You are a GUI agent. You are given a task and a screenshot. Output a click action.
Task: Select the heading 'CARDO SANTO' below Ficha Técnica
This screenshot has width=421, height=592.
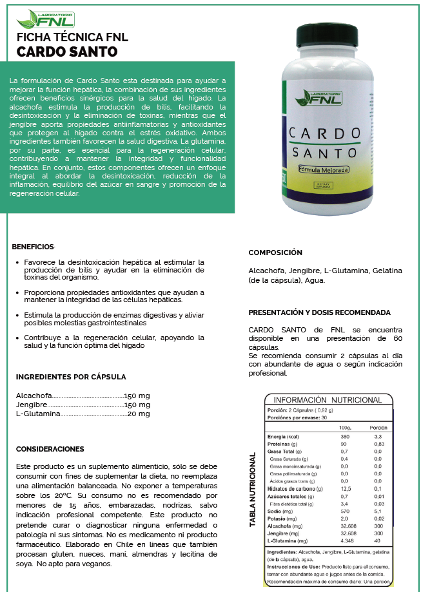point(66,52)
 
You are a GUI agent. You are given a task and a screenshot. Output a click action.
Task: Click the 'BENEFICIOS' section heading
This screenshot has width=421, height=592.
point(34,247)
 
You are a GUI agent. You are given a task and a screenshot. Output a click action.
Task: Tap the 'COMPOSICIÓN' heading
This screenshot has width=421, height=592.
point(275,253)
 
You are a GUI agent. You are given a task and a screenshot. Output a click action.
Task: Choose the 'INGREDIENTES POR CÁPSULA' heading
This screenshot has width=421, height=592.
point(71,377)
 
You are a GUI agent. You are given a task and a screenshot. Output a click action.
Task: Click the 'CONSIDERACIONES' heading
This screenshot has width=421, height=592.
point(50,448)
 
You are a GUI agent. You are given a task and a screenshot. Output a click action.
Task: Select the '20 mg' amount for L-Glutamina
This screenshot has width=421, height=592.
point(139,414)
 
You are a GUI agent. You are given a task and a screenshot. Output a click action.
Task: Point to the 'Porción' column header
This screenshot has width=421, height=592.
point(378,428)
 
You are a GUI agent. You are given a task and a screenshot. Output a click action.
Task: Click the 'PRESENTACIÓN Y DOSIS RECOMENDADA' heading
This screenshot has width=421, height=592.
point(319,312)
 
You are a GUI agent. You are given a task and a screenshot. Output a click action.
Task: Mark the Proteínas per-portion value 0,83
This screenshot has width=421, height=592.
point(378,444)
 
